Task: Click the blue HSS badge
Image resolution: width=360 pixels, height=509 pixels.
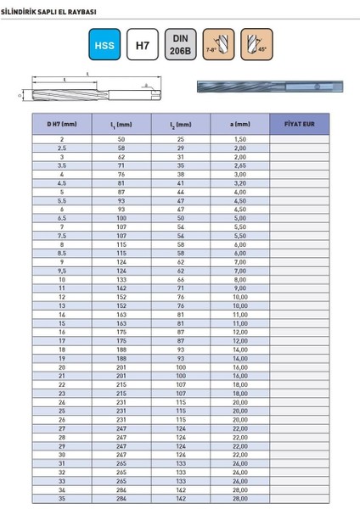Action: click(x=104, y=43)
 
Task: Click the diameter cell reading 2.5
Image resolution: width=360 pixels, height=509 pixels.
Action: click(x=62, y=148)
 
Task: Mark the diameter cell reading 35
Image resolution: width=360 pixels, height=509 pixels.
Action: click(x=62, y=498)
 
